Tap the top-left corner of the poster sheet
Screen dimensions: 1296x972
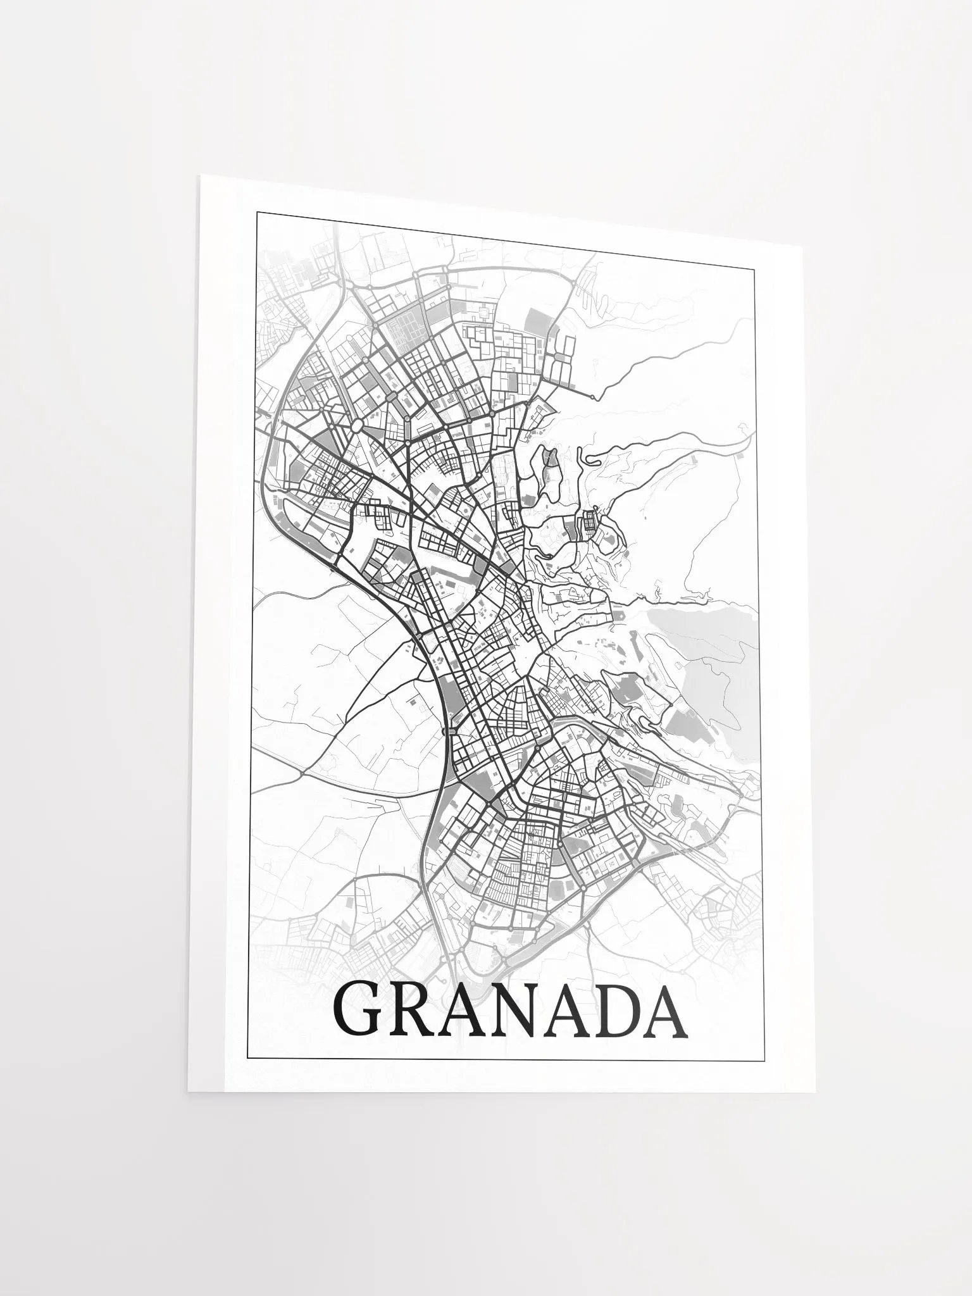pos(200,175)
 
